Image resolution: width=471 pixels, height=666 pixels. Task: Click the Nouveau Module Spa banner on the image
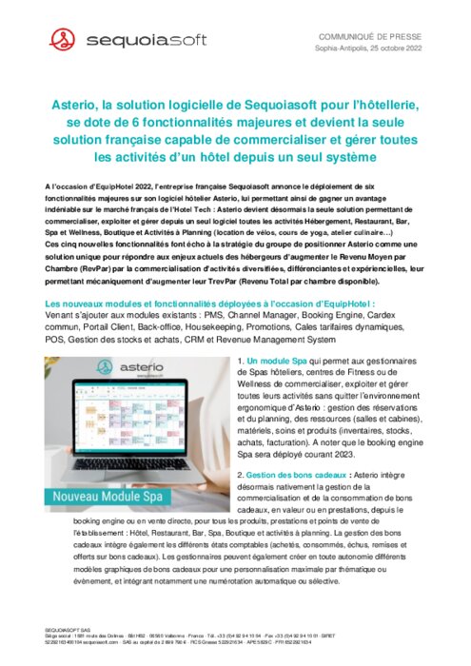(113, 497)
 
